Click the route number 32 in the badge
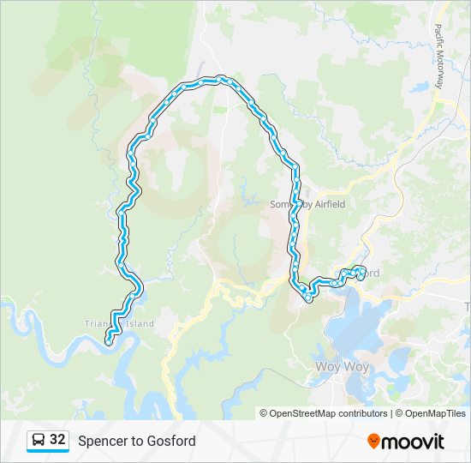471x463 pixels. (57, 440)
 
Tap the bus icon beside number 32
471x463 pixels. (39, 441)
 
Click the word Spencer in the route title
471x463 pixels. (101, 442)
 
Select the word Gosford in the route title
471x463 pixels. (174, 442)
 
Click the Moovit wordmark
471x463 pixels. (413, 442)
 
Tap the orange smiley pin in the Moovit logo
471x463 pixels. (374, 441)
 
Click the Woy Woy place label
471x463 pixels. (341, 367)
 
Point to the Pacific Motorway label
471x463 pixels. (439, 57)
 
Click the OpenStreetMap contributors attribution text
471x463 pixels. (324, 413)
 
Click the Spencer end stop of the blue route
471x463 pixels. (109, 340)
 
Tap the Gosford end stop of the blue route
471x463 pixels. (361, 274)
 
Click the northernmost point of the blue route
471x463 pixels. (206, 80)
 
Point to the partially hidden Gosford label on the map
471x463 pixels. (372, 273)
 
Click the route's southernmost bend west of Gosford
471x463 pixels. (307, 298)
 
